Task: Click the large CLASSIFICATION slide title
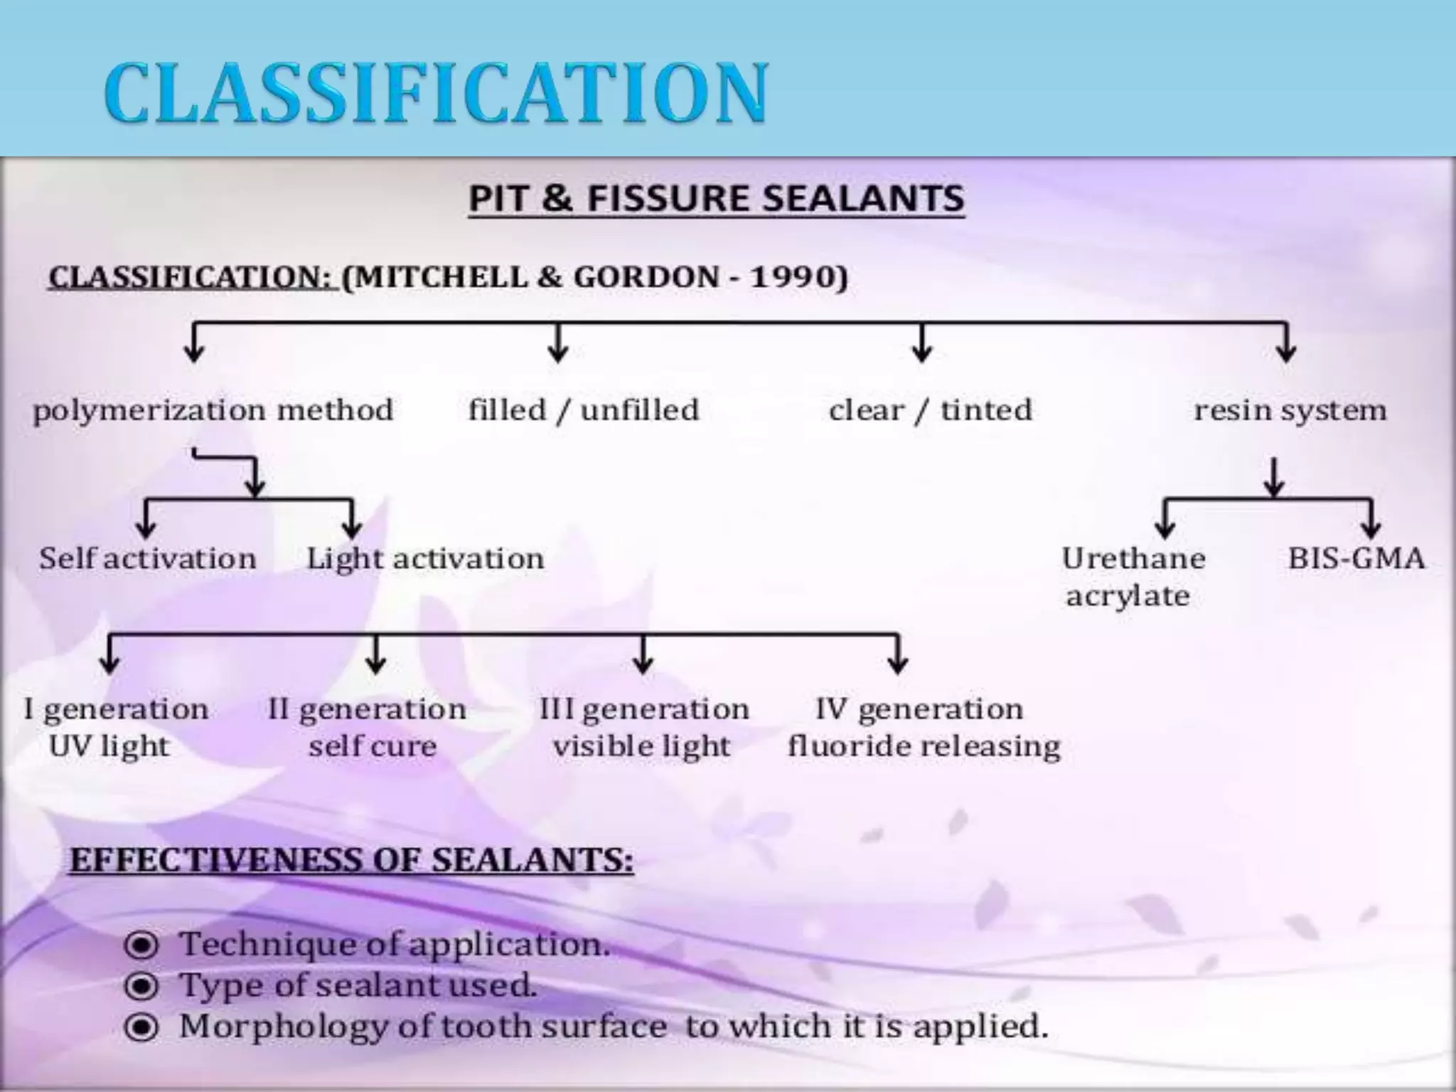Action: click(x=435, y=94)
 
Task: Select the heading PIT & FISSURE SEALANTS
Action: click(x=716, y=198)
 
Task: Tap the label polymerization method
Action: click(x=213, y=410)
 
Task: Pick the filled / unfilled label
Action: click(x=583, y=410)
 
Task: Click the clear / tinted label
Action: click(x=930, y=410)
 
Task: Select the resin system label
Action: click(x=1290, y=410)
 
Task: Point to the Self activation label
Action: click(x=147, y=558)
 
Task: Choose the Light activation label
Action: click(x=425, y=558)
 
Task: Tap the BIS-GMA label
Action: click(x=1356, y=558)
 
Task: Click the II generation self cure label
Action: click(x=368, y=727)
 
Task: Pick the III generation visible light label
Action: click(x=643, y=727)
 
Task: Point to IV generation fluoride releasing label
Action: click(x=923, y=727)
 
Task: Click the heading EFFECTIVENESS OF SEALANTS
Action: click(x=351, y=860)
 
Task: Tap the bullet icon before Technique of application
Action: click(x=141, y=946)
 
